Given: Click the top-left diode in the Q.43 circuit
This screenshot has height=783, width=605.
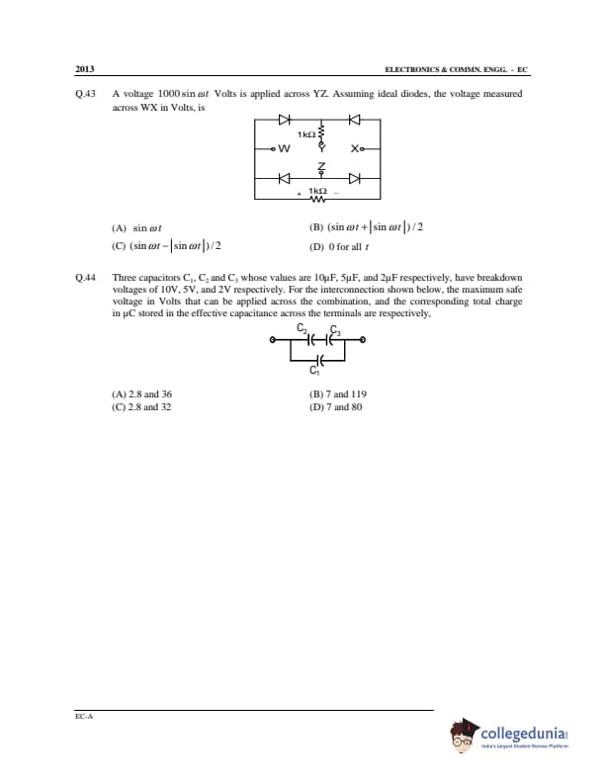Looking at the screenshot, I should click(284, 121).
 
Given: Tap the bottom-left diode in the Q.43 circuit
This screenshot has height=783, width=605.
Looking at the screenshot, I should click(284, 179).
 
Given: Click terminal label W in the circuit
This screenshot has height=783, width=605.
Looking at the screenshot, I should click(285, 149).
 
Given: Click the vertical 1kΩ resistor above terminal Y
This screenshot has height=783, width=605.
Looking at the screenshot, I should click(318, 132).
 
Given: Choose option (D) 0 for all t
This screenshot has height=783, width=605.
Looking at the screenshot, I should click(339, 247).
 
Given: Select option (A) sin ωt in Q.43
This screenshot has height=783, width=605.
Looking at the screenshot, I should click(139, 227).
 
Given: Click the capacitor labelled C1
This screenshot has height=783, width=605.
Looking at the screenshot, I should click(316, 360).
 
